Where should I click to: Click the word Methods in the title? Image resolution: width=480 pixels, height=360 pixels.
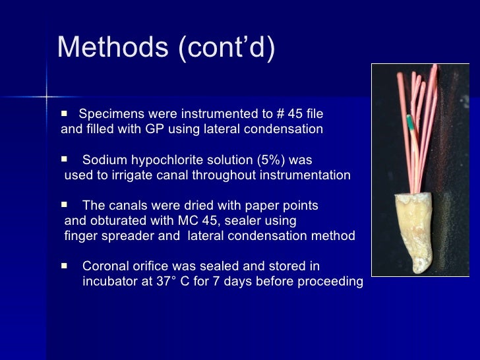pyautogui.click(x=113, y=47)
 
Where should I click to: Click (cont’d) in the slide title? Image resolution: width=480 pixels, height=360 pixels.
pyautogui.click(x=226, y=47)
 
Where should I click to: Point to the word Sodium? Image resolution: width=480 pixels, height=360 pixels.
pyautogui.click(x=105, y=160)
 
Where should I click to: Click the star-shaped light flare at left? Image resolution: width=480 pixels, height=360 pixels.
pyautogui.click(x=47, y=97)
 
